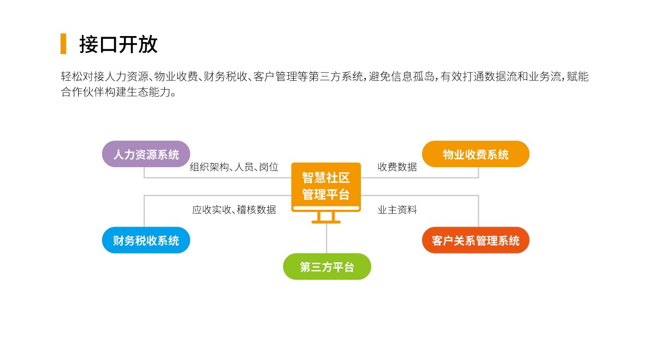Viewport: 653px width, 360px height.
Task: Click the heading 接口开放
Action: (x=118, y=44)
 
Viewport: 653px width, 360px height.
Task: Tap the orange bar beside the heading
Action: (x=63, y=44)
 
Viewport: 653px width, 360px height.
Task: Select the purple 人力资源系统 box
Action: (x=146, y=154)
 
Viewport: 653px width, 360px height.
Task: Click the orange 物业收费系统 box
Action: (x=476, y=154)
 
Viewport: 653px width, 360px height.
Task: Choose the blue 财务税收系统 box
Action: (x=146, y=240)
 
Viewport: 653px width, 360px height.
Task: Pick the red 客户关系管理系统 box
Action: (x=476, y=240)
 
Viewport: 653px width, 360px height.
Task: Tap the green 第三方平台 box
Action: (x=327, y=267)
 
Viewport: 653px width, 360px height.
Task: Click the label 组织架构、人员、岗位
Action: (x=234, y=167)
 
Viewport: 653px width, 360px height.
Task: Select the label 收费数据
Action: (x=397, y=167)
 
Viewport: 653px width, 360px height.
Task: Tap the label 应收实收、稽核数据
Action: (x=234, y=210)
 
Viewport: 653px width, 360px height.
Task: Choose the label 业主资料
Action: (x=397, y=210)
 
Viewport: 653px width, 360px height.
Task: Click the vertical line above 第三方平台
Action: (x=326, y=238)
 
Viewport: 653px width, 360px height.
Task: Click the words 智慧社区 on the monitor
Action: (x=326, y=178)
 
